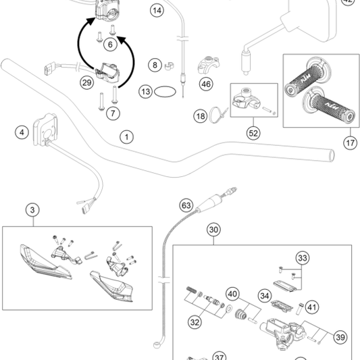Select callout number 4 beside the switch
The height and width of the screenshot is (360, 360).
pos(22,132)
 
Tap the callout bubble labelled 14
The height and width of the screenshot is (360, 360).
pos(157,11)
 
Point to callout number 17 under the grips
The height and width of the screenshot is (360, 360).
pos(349,143)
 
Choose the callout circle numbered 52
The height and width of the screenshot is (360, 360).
pos(254,134)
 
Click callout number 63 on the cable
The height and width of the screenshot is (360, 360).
pos(187,205)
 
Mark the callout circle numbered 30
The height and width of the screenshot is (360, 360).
pos(214,230)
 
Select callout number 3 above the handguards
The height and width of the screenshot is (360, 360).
pos(32,210)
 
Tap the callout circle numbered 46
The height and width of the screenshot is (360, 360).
pos(206,84)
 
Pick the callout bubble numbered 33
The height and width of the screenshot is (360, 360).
pos(302,258)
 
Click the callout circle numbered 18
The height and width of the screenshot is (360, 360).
pos(200,116)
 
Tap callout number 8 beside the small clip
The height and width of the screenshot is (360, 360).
pos(155,66)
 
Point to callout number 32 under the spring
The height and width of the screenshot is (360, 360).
pos(195,323)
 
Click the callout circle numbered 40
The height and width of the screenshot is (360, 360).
pos(232,294)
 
